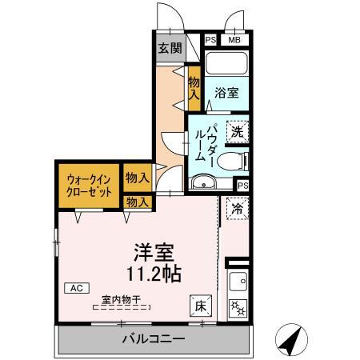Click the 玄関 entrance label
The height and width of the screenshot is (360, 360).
(x=169, y=48)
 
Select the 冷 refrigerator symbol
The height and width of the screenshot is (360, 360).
(x=237, y=206)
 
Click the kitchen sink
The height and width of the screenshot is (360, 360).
(x=238, y=281)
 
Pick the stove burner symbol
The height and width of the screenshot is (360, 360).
(x=238, y=307)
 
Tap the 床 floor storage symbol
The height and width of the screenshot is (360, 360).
(x=200, y=305)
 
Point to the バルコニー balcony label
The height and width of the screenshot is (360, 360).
(x=154, y=340)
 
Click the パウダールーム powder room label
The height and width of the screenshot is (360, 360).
(x=206, y=144)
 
